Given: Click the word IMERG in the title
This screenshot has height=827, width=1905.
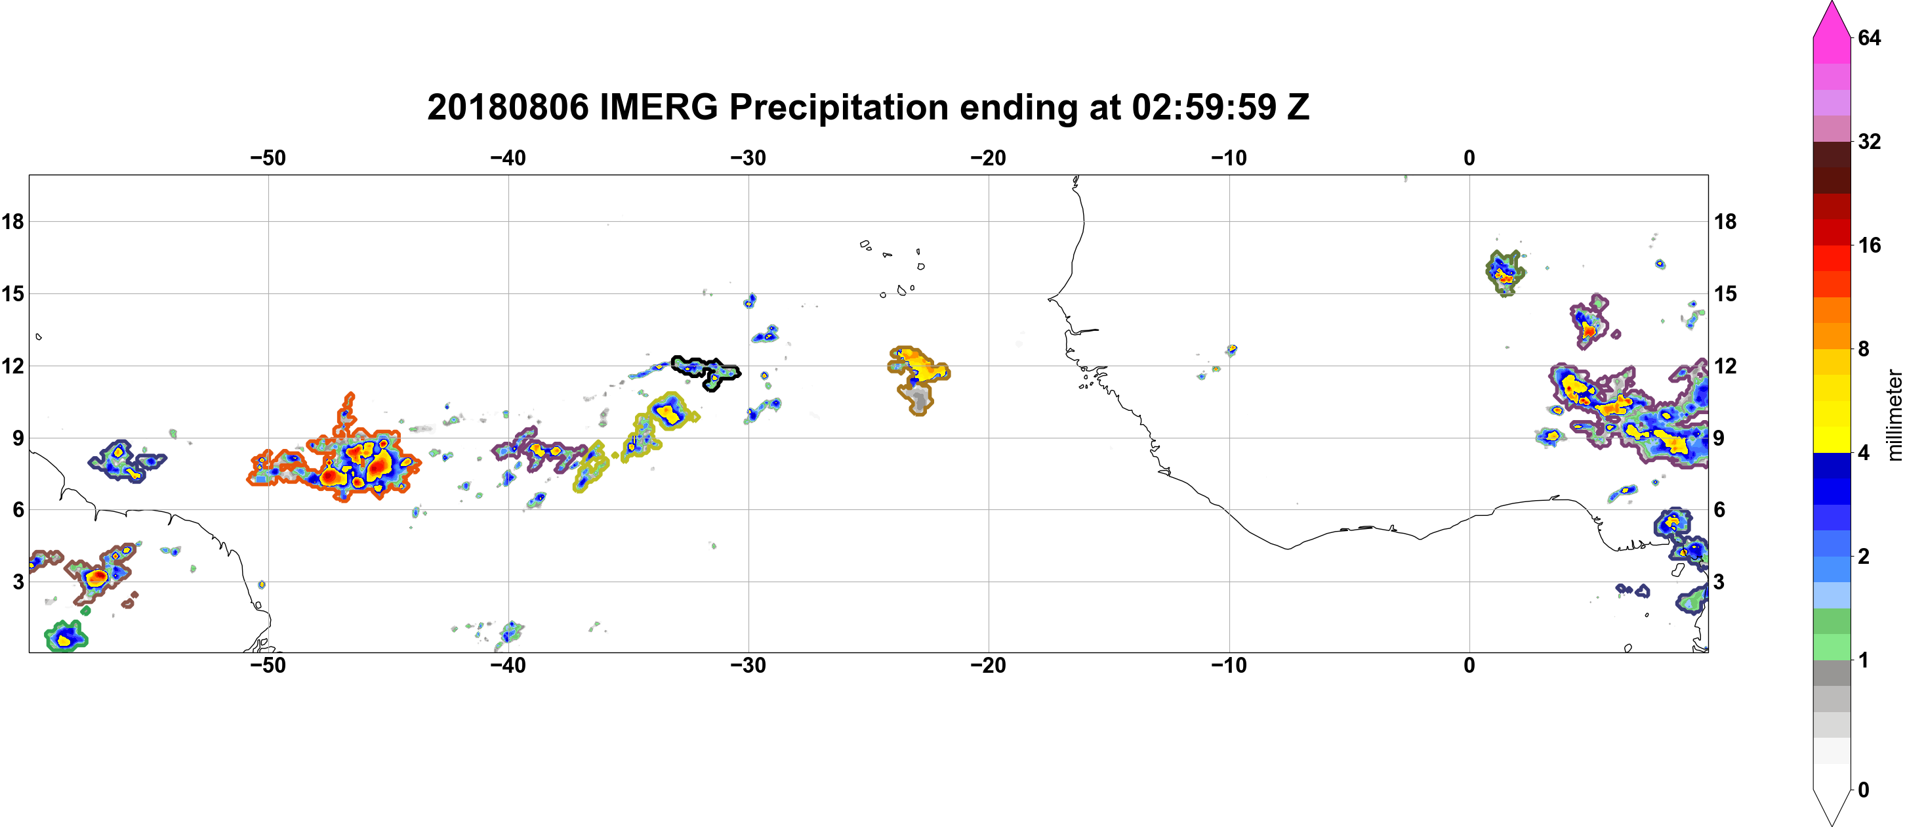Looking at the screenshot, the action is coord(658,107).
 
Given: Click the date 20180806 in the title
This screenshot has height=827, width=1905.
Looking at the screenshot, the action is coord(507,107).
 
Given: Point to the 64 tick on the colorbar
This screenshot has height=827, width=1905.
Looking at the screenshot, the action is coord(1870,37).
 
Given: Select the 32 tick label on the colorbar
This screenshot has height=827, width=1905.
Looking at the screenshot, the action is coord(1870,141).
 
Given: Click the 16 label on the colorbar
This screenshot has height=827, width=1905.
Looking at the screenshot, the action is coord(1870,245).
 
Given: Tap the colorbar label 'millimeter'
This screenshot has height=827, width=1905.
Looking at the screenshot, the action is coord(1894,415).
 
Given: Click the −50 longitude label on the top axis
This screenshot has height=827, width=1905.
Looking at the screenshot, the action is coord(268,158).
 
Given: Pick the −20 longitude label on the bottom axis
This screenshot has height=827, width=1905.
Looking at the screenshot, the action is coord(989,665).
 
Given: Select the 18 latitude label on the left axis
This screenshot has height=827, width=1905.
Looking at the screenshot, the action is coord(12,221).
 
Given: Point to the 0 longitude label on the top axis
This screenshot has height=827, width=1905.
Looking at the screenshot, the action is coord(1469,158).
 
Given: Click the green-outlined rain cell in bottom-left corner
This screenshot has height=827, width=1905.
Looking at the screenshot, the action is coord(66,636).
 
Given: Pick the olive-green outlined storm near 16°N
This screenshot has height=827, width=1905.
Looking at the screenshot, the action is coord(1505,272).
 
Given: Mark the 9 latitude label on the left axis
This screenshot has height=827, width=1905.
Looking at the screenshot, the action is coord(18,438).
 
